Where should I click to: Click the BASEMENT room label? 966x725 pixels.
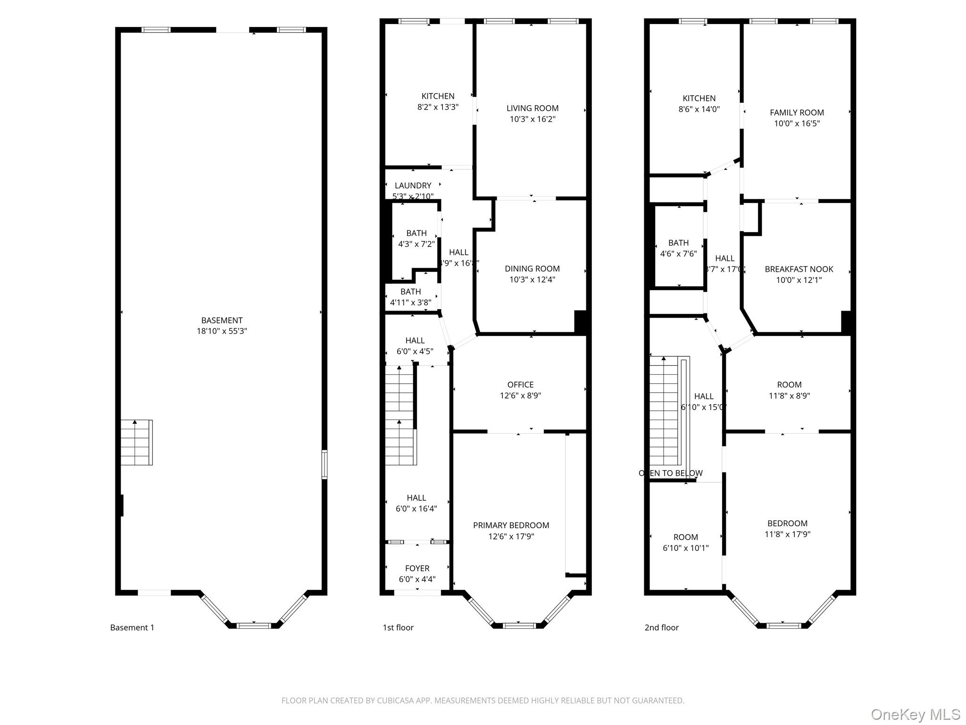222,320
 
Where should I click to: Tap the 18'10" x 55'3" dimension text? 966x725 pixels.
222,331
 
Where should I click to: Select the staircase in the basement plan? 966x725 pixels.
136,442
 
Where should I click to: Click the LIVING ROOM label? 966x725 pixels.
532,108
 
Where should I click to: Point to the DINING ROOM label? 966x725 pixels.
532,269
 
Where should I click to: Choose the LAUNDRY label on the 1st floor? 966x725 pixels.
413,185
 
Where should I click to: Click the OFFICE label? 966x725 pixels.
520,385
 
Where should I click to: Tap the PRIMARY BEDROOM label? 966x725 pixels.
511,525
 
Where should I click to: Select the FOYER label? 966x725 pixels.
417,568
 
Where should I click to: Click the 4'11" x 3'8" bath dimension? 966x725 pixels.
410,303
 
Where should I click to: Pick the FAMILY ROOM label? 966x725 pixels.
797,112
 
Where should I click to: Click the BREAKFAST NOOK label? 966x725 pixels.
799,269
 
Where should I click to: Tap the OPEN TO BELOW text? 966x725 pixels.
670,473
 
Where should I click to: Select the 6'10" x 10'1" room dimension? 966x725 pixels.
685,548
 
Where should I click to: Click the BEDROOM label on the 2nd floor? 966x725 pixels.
787,523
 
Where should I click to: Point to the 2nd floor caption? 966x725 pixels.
661,627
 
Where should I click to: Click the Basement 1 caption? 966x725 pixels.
132,627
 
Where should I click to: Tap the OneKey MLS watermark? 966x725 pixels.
915,714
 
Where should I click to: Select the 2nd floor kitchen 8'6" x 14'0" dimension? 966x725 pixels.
699,109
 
